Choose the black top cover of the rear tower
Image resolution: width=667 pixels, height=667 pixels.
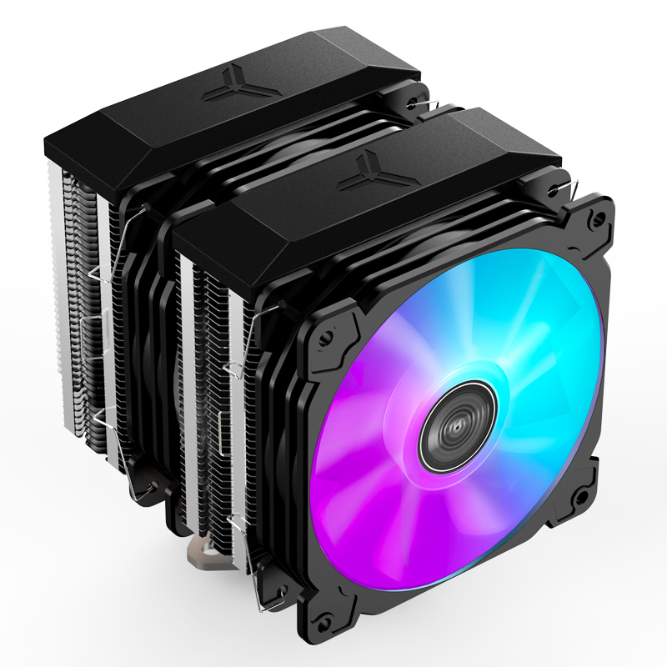[208, 117]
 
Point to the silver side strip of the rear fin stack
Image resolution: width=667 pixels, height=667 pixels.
[104, 317]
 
